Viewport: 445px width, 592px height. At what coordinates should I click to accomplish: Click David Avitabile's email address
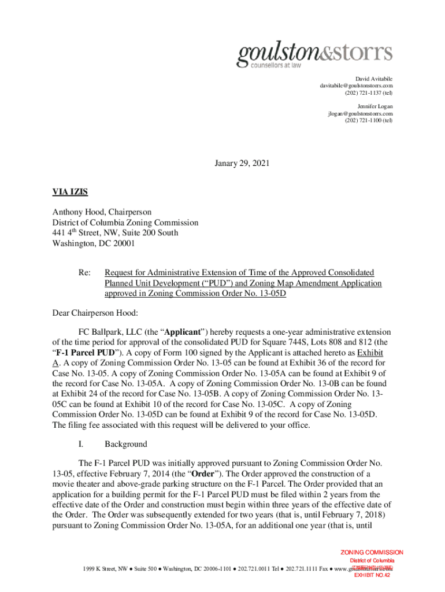(x=356, y=86)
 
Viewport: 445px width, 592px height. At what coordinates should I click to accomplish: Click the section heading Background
(x=125, y=444)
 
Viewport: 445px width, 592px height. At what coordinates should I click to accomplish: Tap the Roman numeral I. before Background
(x=81, y=444)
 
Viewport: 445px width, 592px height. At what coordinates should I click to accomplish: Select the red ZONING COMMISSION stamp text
(x=372, y=553)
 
